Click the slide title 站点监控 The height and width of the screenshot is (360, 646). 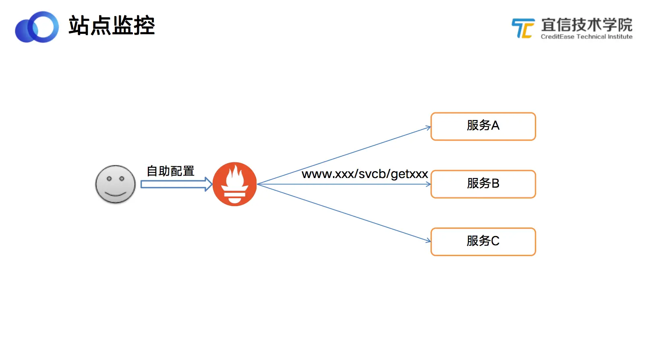[112, 26]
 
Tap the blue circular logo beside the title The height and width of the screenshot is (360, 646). [37, 27]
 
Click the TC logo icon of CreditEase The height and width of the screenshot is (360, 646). [523, 28]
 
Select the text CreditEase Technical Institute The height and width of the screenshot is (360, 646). [586, 37]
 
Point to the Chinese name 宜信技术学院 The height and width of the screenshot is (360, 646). [586, 25]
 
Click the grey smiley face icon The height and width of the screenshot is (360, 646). [115, 184]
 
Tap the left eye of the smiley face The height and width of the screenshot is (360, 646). [109, 178]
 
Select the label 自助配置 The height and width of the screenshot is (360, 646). [170, 171]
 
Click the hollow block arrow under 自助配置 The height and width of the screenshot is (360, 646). [176, 184]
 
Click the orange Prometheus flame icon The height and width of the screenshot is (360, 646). [234, 184]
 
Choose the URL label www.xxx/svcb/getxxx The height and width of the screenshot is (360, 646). [365, 174]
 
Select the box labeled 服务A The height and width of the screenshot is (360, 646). [483, 126]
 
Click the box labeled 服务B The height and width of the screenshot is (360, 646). [483, 184]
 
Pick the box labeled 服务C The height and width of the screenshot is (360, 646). [483, 242]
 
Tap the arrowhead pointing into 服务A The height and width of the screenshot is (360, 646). [428, 128]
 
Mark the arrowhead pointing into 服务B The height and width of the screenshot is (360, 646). [428, 184]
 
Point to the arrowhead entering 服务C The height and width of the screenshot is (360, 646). [428, 241]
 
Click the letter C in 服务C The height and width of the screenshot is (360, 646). [495, 241]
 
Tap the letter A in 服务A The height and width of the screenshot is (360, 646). [495, 126]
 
